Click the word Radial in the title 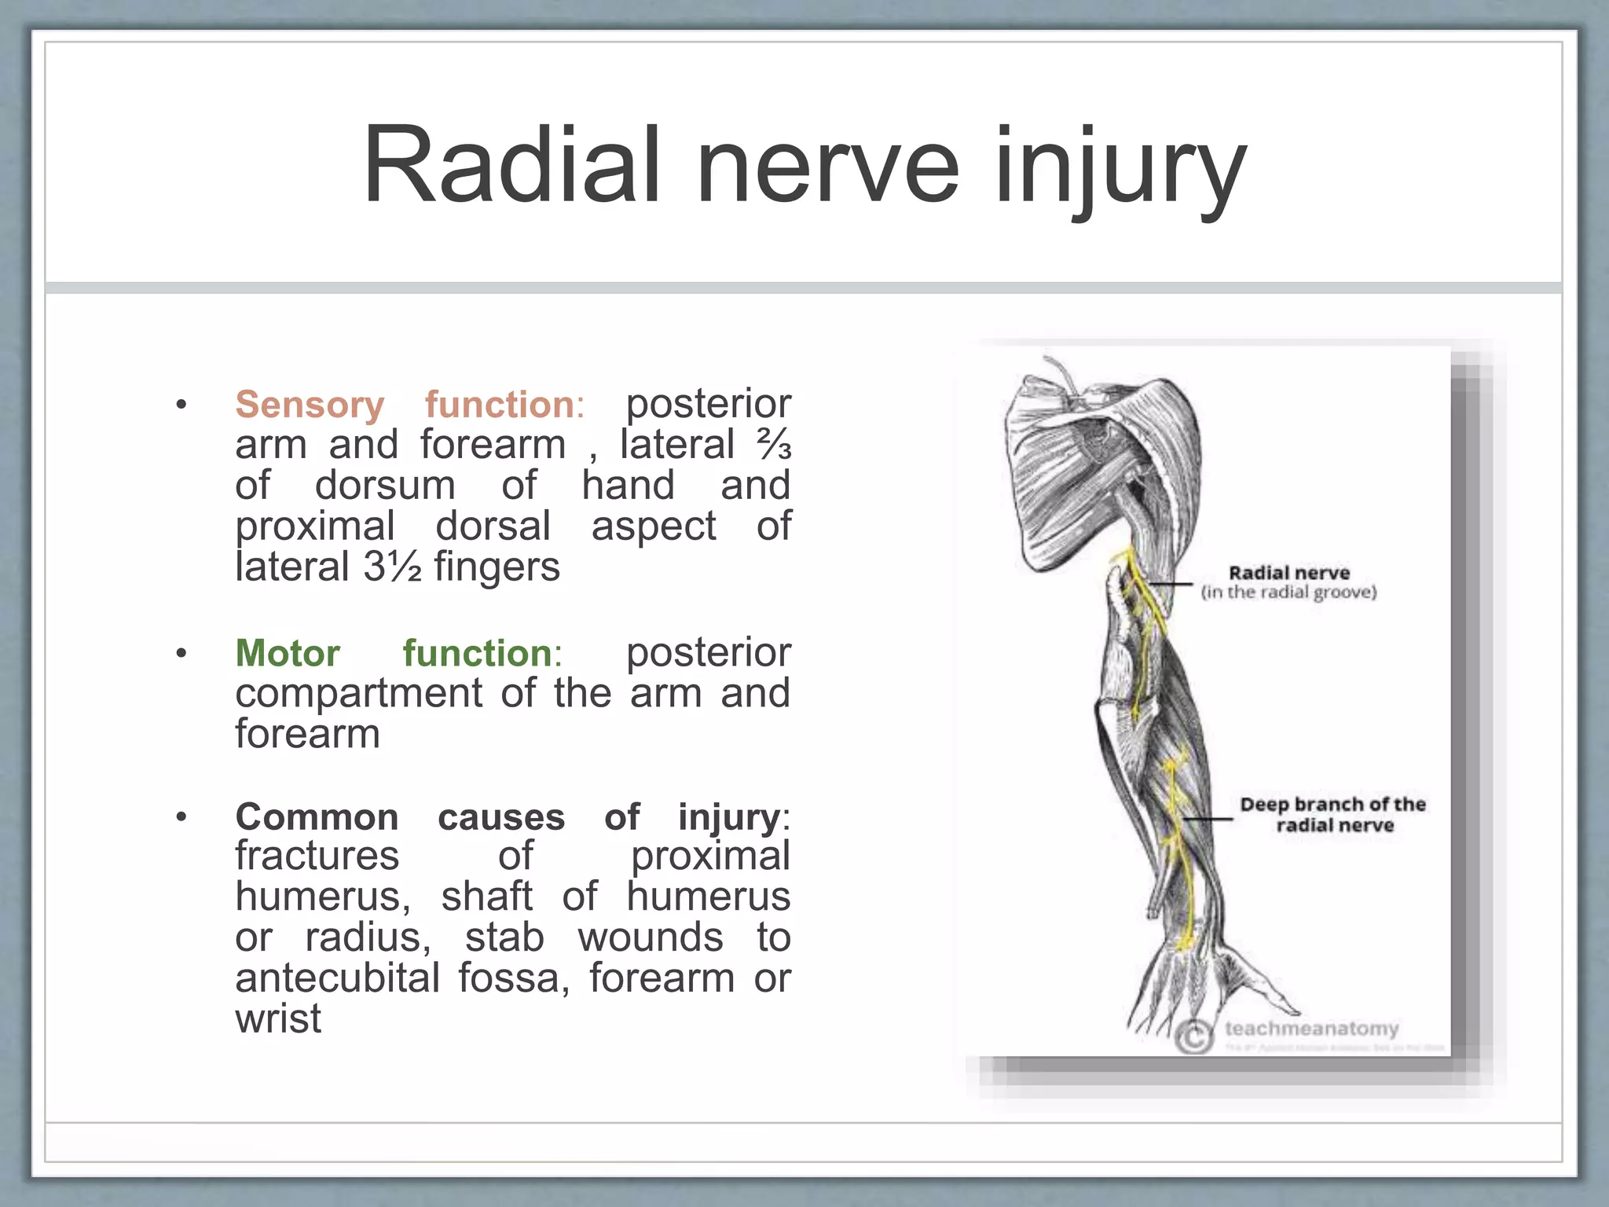(511, 167)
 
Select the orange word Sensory (310, 405)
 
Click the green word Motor (288, 654)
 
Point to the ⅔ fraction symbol (774, 446)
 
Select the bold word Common (317, 817)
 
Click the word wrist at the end (278, 1020)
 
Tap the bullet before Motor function (181, 654)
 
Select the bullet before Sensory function (181, 405)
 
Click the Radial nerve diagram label (1288, 573)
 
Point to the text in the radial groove (1288, 592)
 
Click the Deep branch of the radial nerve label (1332, 815)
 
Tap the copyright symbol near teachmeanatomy (1193, 1037)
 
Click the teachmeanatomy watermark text (1311, 1029)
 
